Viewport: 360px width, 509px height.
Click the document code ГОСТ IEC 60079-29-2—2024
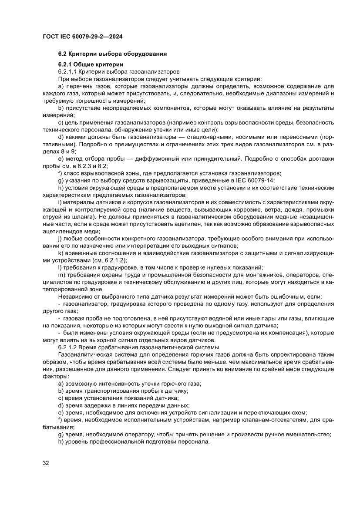coord(82,37)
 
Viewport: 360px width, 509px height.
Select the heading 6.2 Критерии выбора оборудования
coord(112,54)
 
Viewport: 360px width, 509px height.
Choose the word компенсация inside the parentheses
coord(274,333)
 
